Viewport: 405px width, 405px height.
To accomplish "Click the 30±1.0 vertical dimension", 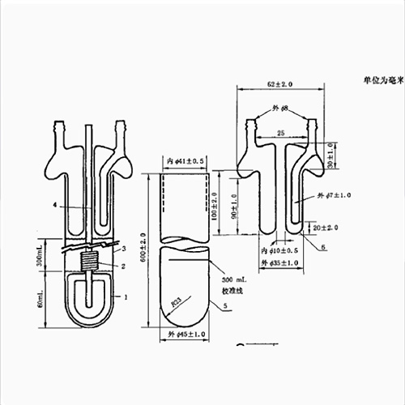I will tap(330, 155).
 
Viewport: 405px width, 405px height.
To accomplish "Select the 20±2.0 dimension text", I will tap(324, 228).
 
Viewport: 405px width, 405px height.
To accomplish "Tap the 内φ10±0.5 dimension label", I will tap(279, 251).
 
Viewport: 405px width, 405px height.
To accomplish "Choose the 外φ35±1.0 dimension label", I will tap(279, 262).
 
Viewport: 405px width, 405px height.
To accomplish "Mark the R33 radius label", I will tap(176, 301).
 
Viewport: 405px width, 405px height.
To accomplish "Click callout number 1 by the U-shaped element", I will tap(125, 297).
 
